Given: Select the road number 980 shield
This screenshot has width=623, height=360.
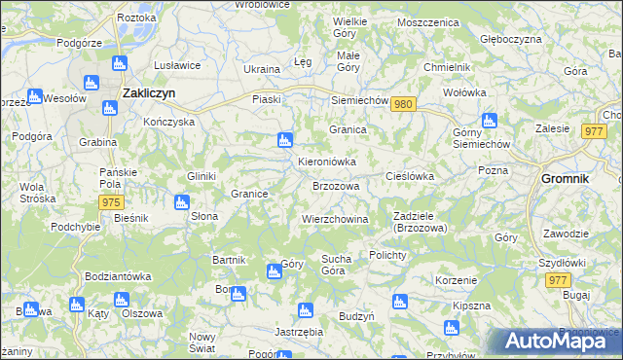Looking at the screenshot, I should pos(406,104).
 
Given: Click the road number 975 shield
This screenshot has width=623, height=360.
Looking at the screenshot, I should pos(110,201).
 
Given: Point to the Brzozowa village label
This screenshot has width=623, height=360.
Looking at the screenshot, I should pos(336,185).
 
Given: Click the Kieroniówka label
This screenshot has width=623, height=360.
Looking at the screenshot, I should pos(326,162).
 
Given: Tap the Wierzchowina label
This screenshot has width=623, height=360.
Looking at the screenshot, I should pos(335,219).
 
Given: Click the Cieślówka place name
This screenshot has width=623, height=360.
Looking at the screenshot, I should pos(409,176).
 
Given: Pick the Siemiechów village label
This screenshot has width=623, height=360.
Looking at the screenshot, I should pos(360,100).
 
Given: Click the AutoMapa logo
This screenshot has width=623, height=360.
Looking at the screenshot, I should pos(555,342).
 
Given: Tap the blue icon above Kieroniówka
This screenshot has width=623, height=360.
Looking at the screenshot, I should pos(284,140).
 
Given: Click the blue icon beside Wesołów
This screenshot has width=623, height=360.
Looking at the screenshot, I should pos(34,97).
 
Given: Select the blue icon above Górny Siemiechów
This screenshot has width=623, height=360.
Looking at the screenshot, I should pos(489,121).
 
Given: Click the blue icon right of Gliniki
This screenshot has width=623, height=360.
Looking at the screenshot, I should pos(180,202).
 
